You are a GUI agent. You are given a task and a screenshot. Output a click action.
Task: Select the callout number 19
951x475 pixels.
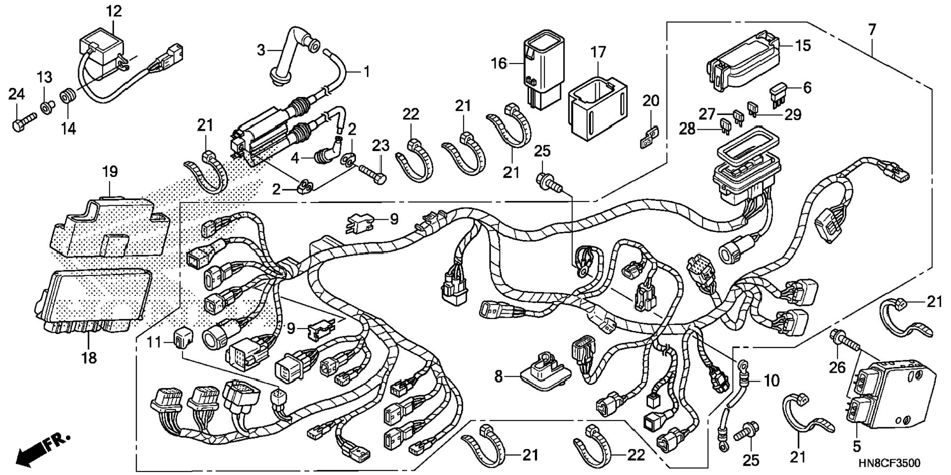110,172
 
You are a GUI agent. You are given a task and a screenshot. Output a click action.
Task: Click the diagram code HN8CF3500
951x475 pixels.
890,463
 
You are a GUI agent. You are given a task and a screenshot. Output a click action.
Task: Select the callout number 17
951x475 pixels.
598,52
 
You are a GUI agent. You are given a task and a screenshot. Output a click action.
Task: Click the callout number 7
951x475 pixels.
872,30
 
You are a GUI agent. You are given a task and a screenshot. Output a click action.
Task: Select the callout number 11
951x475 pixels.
154,342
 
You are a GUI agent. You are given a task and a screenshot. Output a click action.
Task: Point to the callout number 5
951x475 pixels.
857,446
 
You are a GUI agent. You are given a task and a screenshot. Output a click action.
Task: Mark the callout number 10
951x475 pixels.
773,380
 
